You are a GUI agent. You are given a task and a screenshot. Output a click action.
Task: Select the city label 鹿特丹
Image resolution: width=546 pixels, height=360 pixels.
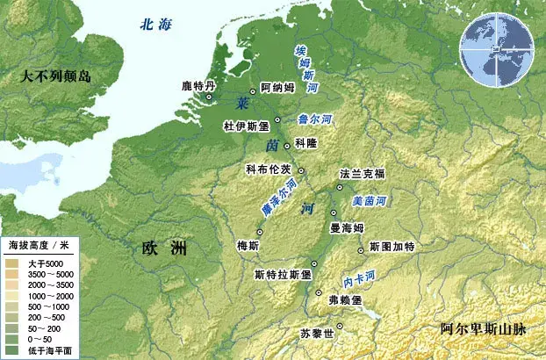(x=198, y=86)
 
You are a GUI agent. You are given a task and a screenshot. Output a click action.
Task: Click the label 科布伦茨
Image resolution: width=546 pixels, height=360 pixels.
(x=269, y=169)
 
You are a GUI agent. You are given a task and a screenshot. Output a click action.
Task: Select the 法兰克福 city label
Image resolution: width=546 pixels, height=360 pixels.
(x=363, y=174)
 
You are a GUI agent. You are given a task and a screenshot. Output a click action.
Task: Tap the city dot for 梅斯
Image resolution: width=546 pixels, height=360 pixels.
(x=259, y=232)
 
